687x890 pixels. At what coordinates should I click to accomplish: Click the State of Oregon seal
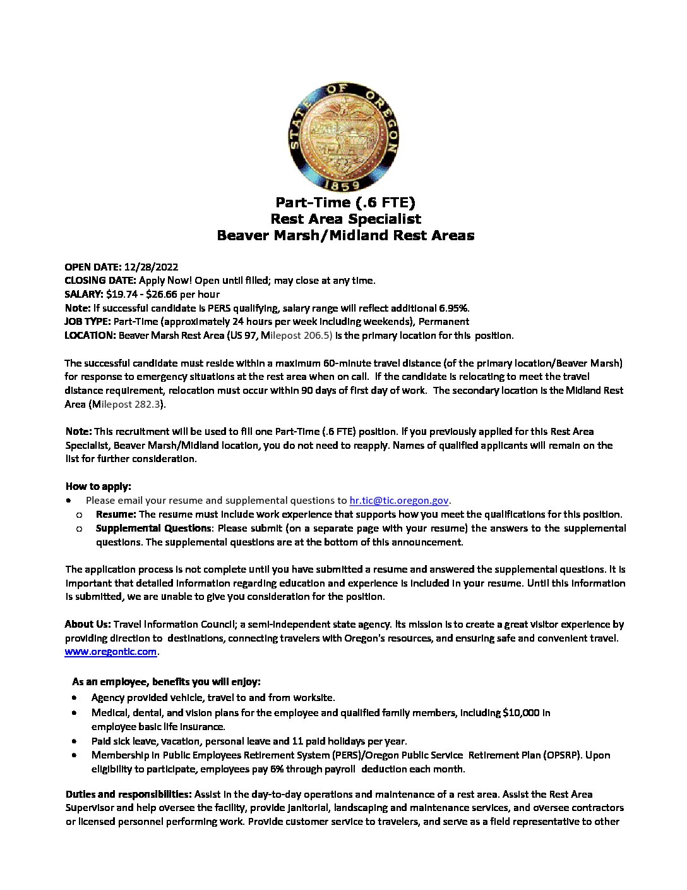tap(343, 136)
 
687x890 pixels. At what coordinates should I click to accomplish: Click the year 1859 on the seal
tap(343, 185)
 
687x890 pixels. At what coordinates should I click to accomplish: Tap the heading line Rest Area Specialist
tap(345, 219)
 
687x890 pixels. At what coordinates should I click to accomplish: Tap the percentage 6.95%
tap(453, 308)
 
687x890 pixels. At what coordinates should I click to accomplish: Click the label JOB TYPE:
tap(88, 322)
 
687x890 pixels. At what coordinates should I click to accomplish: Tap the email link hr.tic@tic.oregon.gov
tap(399, 500)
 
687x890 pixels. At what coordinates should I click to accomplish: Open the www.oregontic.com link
tap(111, 652)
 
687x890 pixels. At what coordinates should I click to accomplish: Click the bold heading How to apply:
tap(99, 486)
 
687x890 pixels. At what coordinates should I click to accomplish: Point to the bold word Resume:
tap(116, 514)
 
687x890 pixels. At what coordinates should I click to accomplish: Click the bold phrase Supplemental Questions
tap(153, 528)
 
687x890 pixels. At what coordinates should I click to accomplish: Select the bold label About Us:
tap(88, 624)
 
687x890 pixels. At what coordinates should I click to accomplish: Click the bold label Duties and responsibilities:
tap(129, 794)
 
